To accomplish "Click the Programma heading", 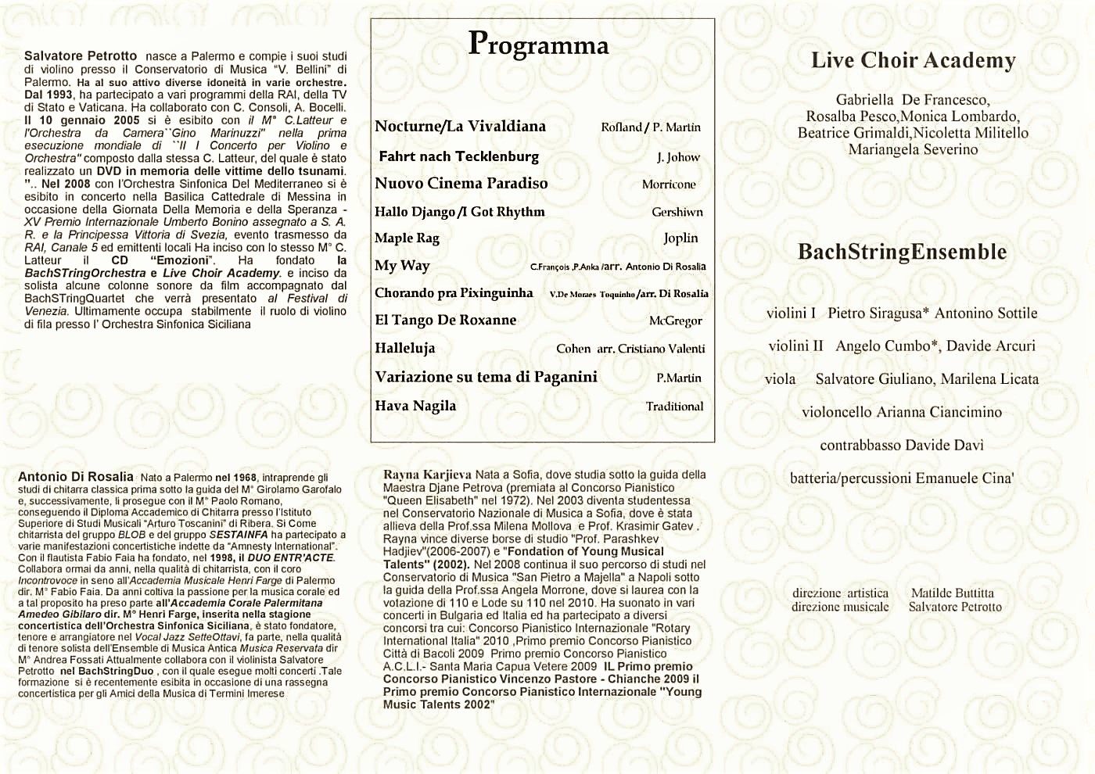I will [x=538, y=45].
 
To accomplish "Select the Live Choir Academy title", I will [x=913, y=60].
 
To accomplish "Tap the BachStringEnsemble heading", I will [x=902, y=252].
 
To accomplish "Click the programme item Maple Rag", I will [x=407, y=238].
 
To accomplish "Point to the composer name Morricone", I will [x=669, y=185].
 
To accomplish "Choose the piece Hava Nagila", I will [x=415, y=406].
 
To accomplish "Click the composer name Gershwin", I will [x=677, y=212].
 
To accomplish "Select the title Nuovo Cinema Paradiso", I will [x=461, y=184].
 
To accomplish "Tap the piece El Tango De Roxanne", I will [x=446, y=320].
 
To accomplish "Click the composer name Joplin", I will [x=680, y=238].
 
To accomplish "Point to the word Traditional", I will [x=674, y=407].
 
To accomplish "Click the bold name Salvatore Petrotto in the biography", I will [x=81, y=56].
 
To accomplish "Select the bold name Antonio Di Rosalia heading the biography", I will [x=76, y=477].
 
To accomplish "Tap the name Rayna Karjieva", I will [x=427, y=475].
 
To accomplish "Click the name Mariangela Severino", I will [x=913, y=149].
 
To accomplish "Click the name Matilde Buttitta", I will [x=952, y=593].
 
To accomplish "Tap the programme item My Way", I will [x=402, y=266].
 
